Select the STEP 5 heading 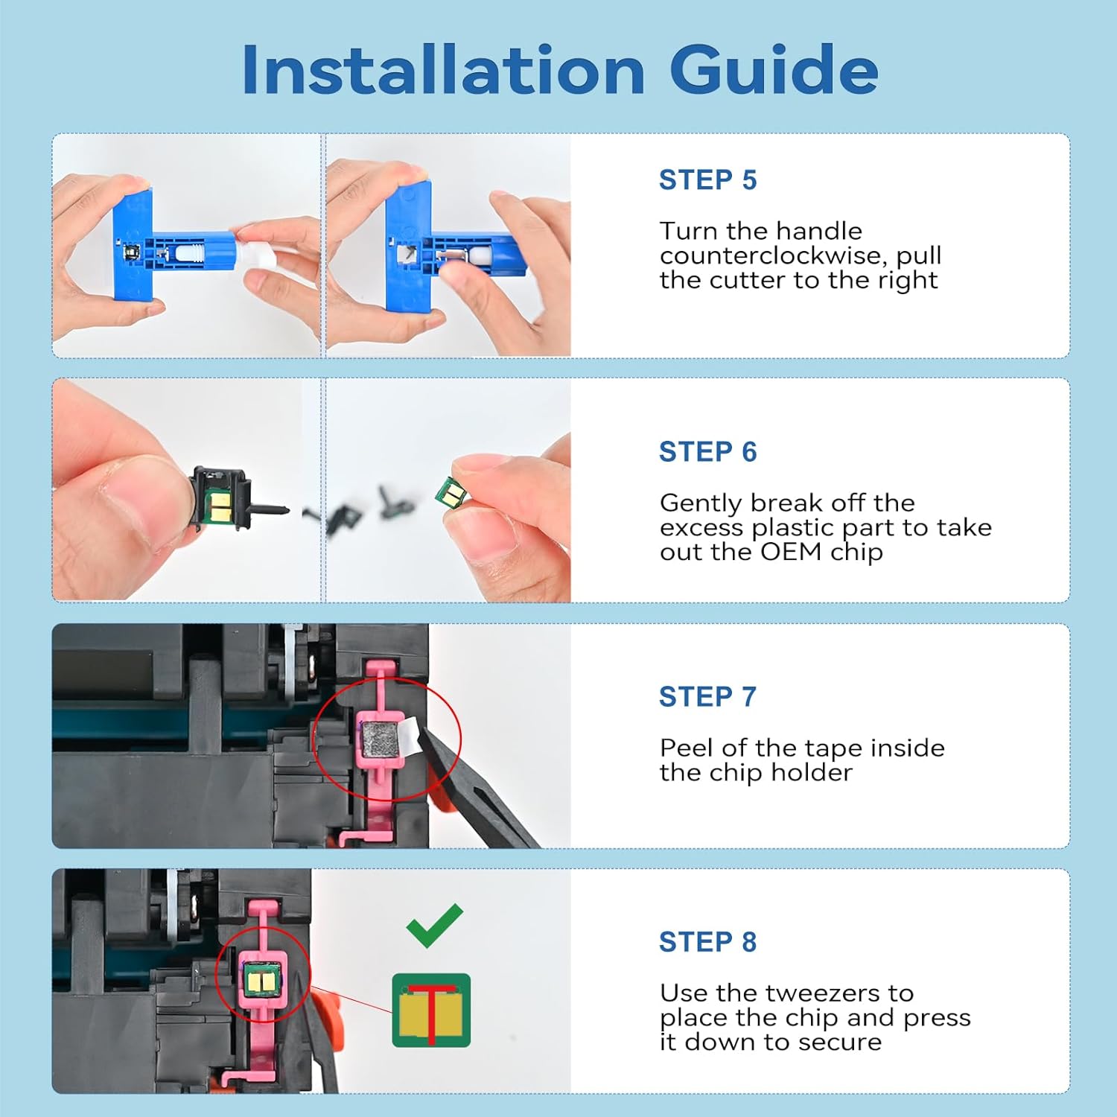coord(707,180)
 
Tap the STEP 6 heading coord(707,452)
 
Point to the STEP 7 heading coord(707,697)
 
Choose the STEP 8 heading coord(707,942)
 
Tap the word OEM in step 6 coord(791,552)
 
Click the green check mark coord(435,926)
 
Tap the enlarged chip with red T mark coord(431,1010)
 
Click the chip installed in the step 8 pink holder coord(262,976)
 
